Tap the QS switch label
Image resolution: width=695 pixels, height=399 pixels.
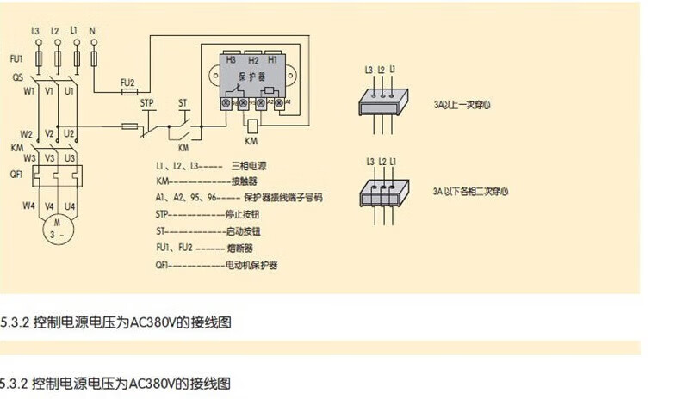coord(18,77)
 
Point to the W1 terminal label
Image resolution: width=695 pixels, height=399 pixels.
coord(30,89)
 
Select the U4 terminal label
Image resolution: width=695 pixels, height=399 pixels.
coord(71,206)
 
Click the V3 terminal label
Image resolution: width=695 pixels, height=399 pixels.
coord(50,159)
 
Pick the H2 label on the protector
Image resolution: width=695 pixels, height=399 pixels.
coord(252,60)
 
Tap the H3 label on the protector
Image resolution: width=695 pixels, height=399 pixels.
coord(231,60)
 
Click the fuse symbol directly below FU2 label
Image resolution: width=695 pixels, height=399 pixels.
coord(128,89)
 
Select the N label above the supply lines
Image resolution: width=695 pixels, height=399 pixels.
coord(92,31)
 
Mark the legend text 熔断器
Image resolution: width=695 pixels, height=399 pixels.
coord(239,248)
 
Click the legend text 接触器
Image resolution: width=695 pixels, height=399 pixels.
coord(242,181)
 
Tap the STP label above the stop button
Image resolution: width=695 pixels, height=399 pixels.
coord(146,103)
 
